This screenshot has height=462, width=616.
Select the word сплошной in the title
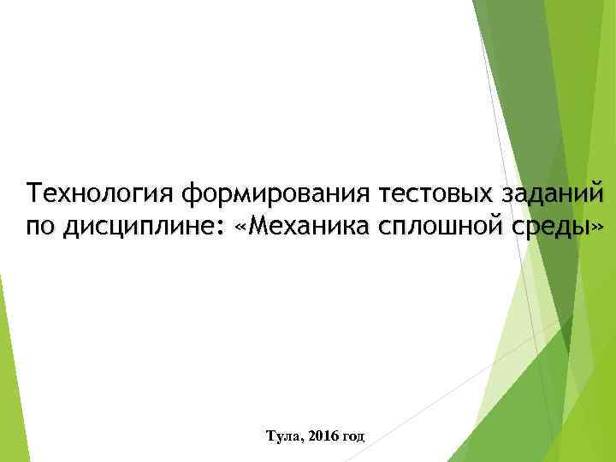coord(453,228)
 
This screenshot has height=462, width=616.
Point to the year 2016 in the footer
coord(323,436)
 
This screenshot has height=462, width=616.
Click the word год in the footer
coord(354,436)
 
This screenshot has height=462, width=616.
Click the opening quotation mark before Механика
coord(251,229)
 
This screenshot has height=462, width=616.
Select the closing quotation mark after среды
coord(597,229)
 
